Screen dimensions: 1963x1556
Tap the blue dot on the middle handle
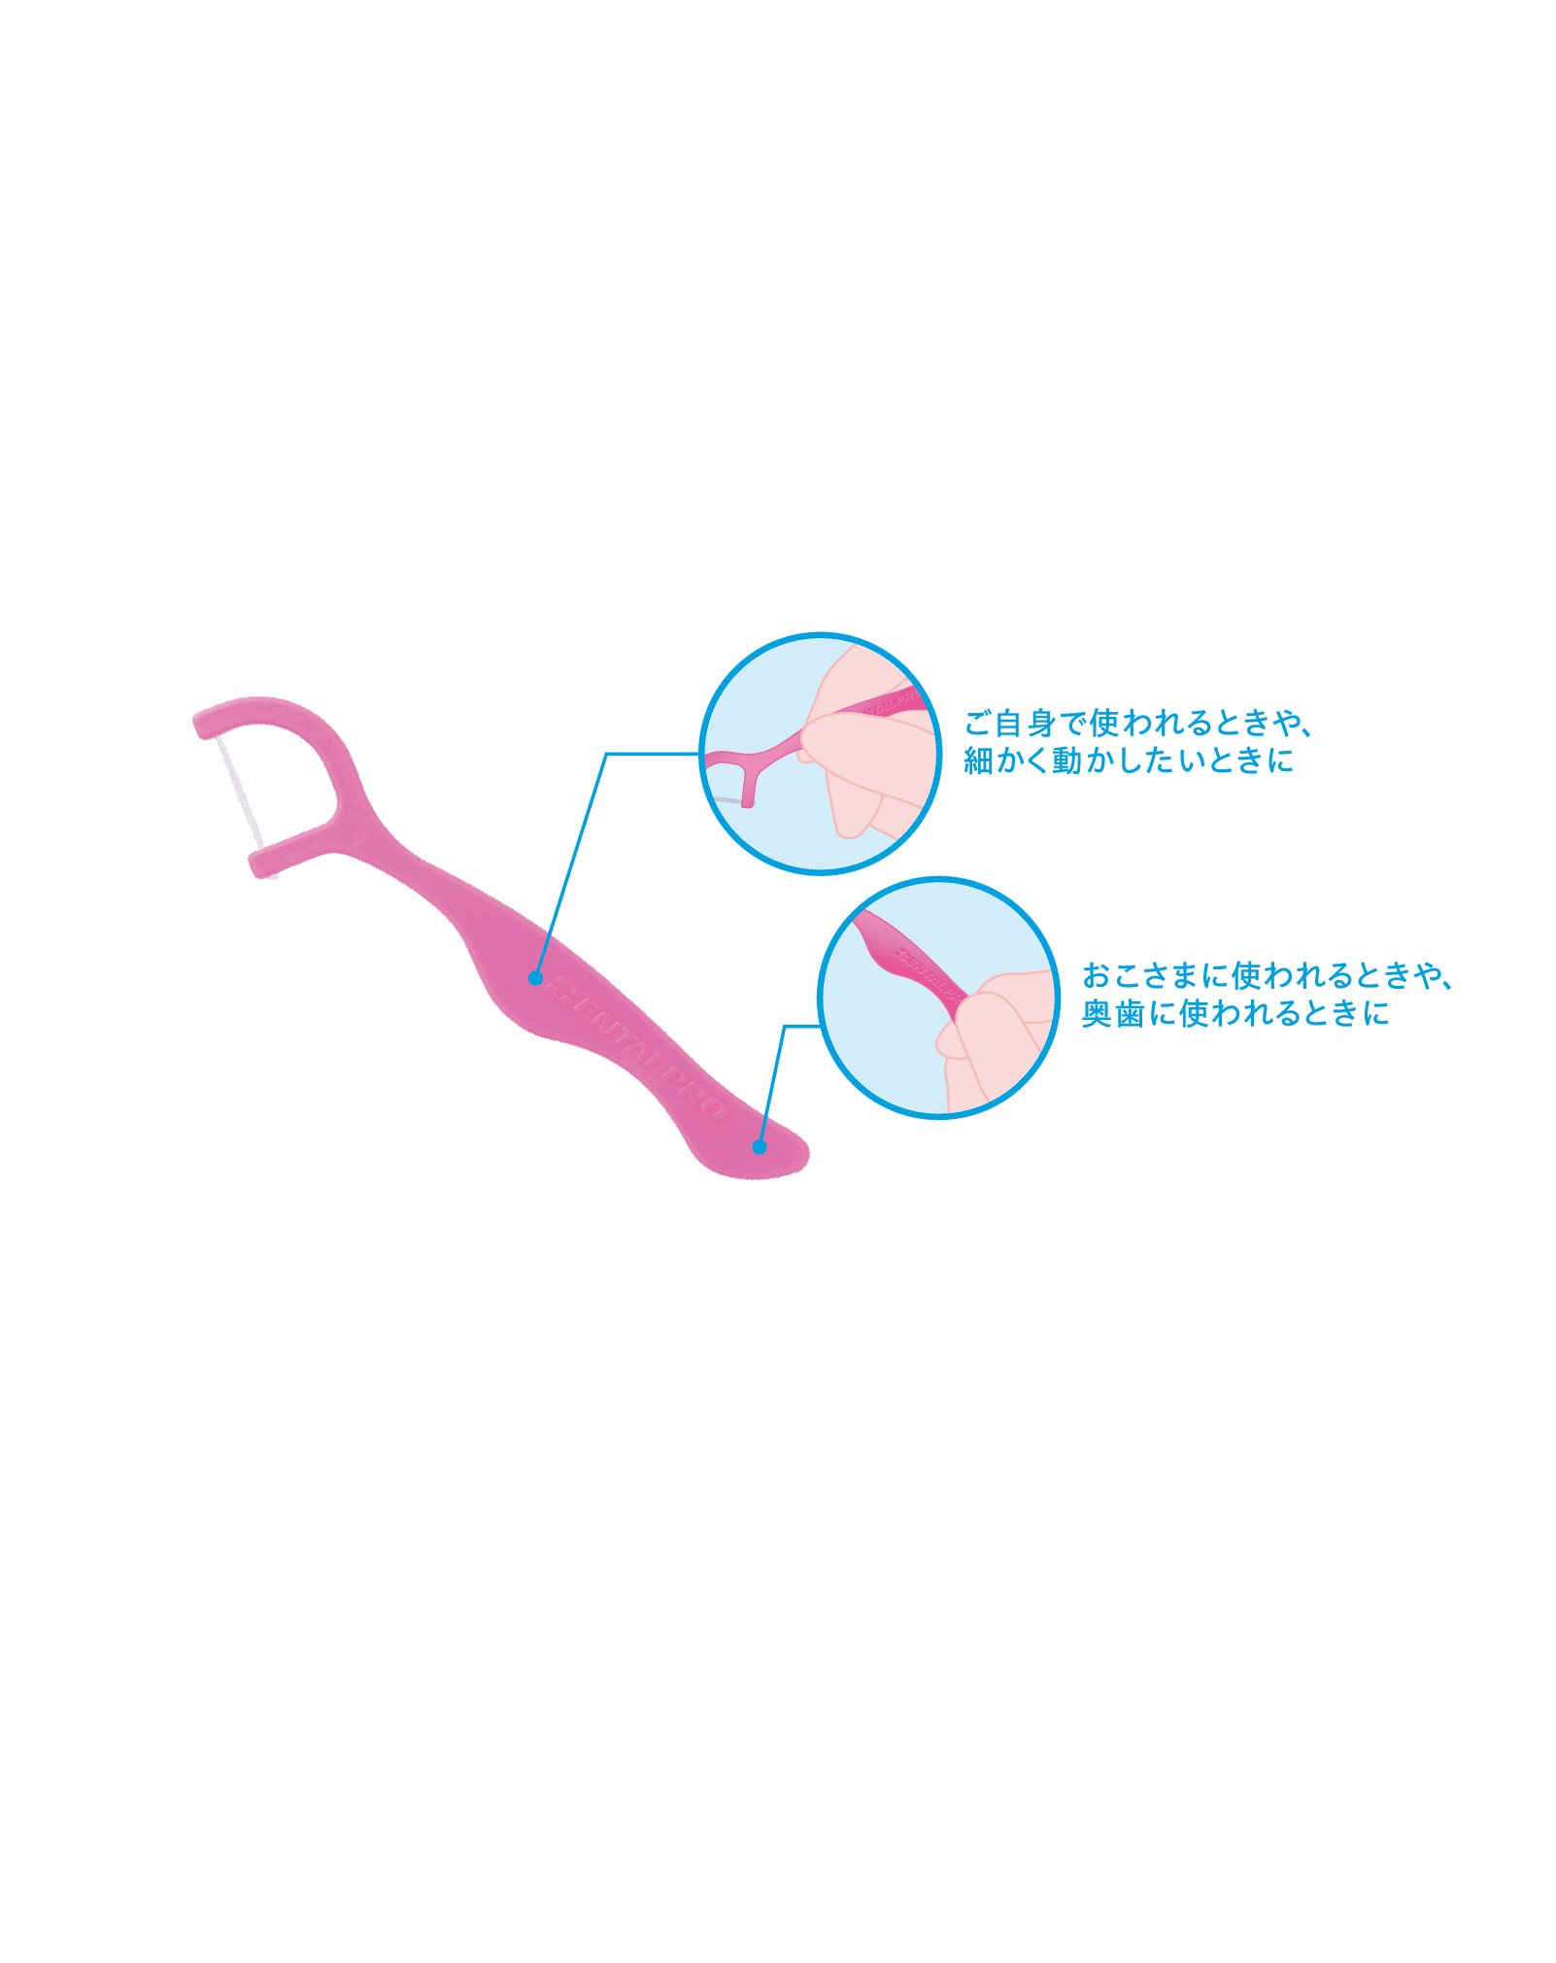[535, 978]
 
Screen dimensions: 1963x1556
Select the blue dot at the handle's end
[760, 1147]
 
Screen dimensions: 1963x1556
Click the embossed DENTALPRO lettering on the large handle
[636, 1050]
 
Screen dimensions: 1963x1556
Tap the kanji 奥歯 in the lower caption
[1112, 1013]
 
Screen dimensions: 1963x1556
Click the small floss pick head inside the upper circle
[743, 767]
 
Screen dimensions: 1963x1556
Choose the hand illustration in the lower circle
[1000, 1039]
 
